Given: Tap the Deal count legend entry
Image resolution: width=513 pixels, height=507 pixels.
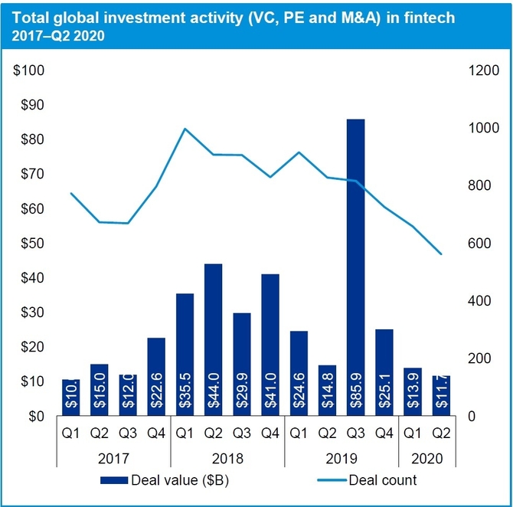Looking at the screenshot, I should coord(382,481).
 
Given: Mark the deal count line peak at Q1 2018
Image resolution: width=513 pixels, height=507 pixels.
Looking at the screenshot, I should coord(185,129).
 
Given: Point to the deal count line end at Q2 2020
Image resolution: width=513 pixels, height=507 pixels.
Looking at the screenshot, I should coord(442,253).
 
